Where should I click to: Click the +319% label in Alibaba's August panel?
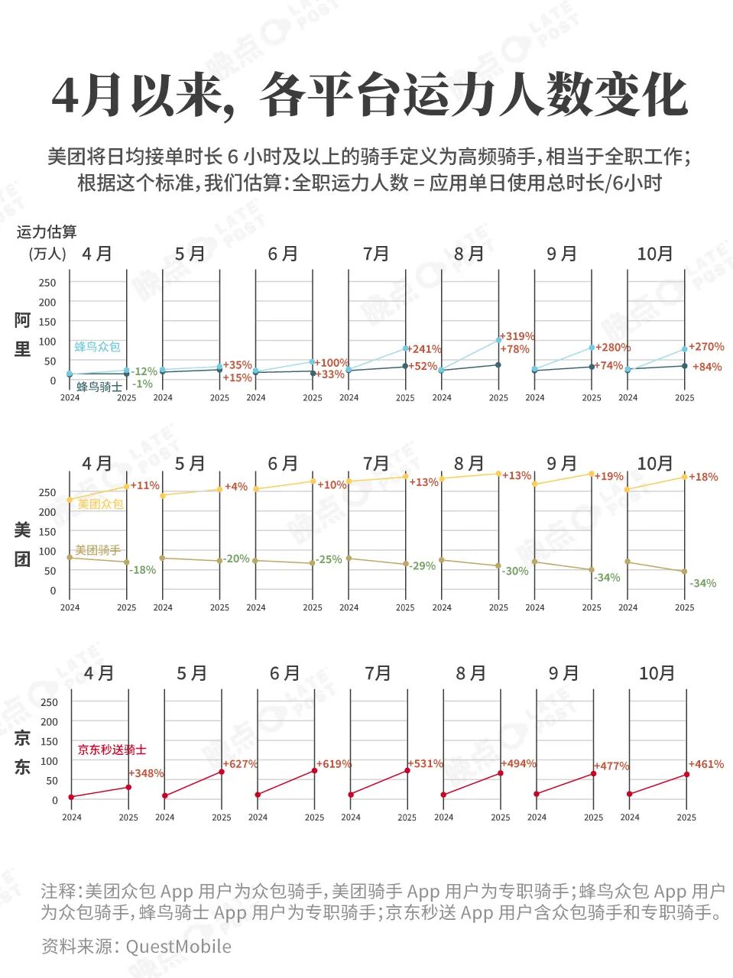pyautogui.click(x=517, y=336)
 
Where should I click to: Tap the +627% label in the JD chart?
pyautogui.click(x=240, y=764)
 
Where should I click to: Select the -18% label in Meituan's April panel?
pyautogui.click(x=142, y=570)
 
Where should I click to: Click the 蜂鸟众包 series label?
pyautogui.click(x=97, y=347)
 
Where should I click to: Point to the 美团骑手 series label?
pyautogui.click(x=98, y=550)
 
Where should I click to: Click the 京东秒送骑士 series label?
pyautogui.click(x=112, y=750)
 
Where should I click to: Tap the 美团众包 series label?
pyautogui.click(x=100, y=504)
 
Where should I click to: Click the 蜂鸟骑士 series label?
pyautogui.click(x=99, y=387)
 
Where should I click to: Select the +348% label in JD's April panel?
pyautogui.click(x=147, y=773)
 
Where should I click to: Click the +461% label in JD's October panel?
pyautogui.click(x=706, y=764)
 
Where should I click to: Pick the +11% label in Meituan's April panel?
pyautogui.click(x=145, y=485)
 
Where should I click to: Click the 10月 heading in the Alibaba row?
pyautogui.click(x=655, y=254)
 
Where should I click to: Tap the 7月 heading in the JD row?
pyautogui.click(x=378, y=673)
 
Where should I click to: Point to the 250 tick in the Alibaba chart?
pyautogui.click(x=47, y=283)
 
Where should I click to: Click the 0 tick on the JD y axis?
pyautogui.click(x=54, y=800)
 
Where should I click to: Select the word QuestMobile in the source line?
pyautogui.click(x=178, y=947)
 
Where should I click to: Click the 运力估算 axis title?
pyautogui.click(x=47, y=232)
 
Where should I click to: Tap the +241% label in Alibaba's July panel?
pyautogui.click(x=424, y=349)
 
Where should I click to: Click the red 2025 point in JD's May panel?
pyautogui.click(x=222, y=772)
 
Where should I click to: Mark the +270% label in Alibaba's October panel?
pyautogui.click(x=706, y=347)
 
